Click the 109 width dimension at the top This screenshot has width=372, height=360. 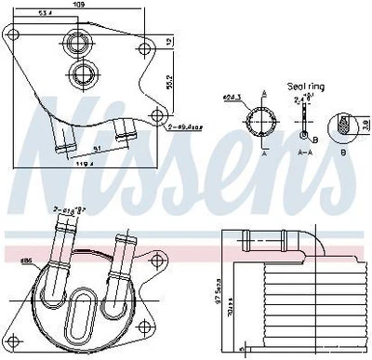click(x=81, y=6)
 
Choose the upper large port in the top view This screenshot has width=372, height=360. click(x=76, y=41)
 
